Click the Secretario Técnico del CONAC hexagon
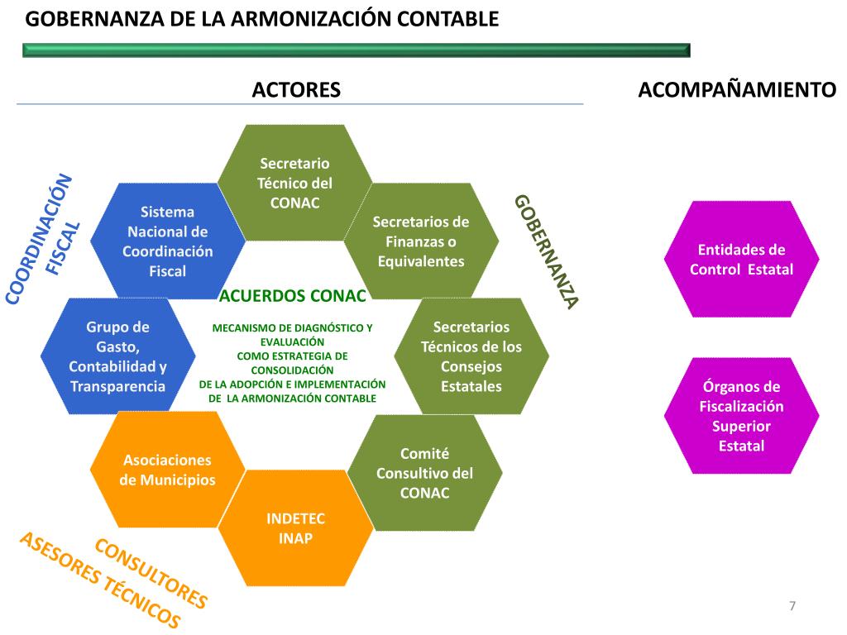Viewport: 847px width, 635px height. (294, 183)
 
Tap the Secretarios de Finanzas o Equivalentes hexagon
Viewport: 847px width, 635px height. (421, 241)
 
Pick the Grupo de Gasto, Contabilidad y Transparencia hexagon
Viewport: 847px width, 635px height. (117, 356)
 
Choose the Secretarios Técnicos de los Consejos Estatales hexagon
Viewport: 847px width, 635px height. (471, 356)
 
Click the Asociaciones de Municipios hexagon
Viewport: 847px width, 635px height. (168, 470)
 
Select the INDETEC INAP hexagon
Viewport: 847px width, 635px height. (295, 528)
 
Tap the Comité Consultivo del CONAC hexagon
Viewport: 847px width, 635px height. (424, 473)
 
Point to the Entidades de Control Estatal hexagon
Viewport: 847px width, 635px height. (741, 259)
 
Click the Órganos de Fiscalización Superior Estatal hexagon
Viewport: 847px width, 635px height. (741, 415)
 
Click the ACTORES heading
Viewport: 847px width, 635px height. (296, 90)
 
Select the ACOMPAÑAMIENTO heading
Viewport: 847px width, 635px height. (738, 90)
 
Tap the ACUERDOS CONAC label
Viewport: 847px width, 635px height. (292, 295)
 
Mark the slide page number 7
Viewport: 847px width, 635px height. (792, 606)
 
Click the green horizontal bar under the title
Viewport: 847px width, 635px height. (356, 50)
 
